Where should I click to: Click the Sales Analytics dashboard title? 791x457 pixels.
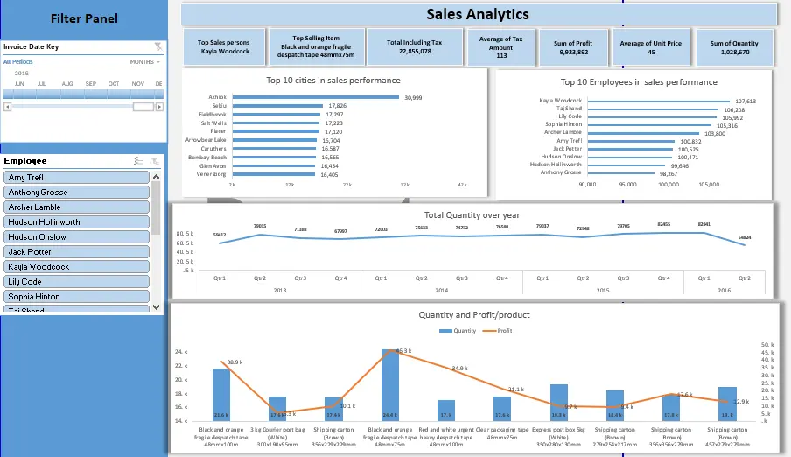coord(477,14)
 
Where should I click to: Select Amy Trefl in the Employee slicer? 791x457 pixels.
coord(78,178)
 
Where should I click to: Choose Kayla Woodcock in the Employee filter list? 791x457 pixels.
coord(78,266)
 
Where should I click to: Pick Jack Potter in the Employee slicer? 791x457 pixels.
coord(78,251)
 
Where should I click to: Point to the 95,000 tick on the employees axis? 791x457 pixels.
coord(627,185)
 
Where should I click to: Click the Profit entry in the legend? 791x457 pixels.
coord(501,331)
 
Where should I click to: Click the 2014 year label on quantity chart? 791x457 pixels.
coord(441,290)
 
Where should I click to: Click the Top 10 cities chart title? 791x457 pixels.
coord(333,81)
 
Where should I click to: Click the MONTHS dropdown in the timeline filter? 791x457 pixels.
coord(144,62)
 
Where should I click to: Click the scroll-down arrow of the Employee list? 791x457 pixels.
coord(157,307)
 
